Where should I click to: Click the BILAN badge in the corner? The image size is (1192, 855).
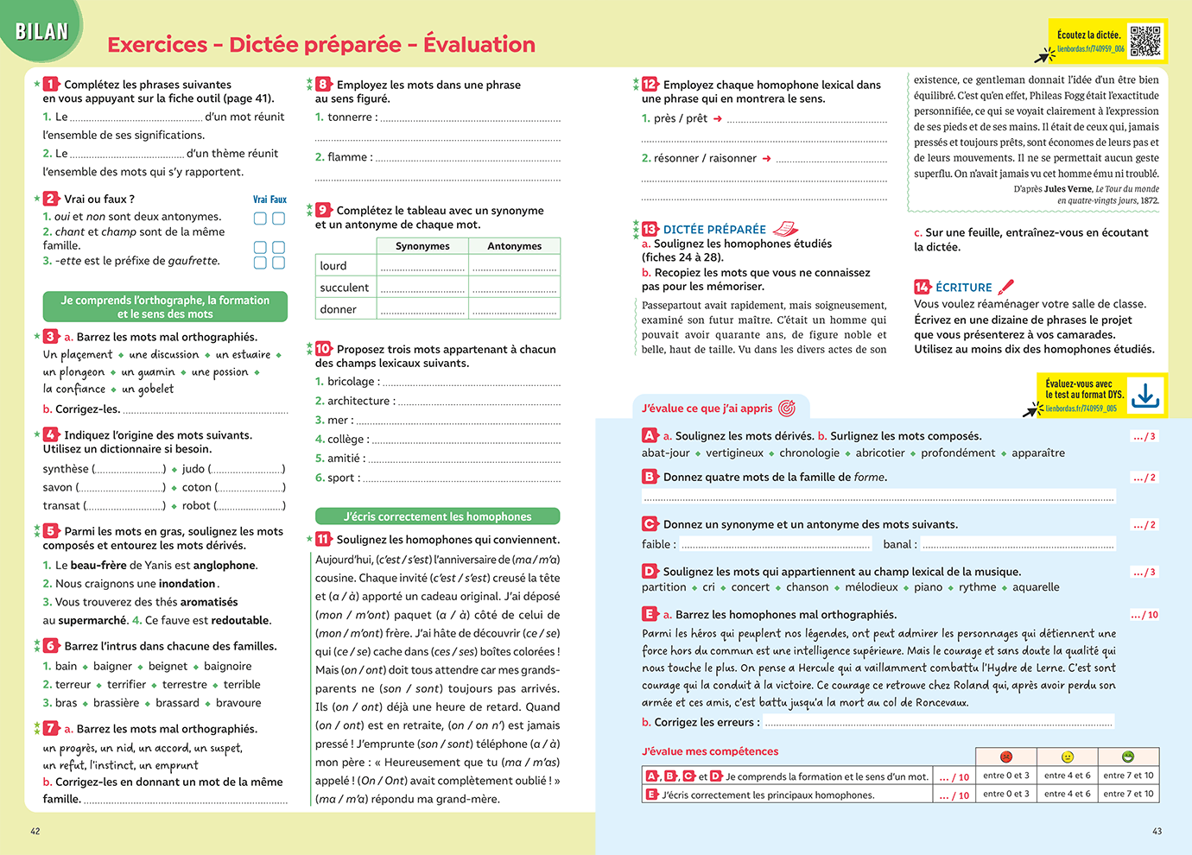[41, 31]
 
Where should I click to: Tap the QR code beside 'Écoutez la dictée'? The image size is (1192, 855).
[1145, 41]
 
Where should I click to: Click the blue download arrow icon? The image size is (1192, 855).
[1145, 396]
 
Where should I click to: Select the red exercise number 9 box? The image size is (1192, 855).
[323, 210]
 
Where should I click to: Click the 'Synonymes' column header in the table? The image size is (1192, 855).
[422, 246]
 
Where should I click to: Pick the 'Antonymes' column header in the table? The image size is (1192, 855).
[514, 246]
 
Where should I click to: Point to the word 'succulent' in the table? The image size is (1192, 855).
[344, 288]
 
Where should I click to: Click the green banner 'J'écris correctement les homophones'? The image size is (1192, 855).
[437, 516]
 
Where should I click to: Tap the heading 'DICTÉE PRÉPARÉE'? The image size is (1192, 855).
[714, 230]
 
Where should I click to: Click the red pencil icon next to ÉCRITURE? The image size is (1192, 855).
[1005, 287]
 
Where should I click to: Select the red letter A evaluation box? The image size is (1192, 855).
[650, 435]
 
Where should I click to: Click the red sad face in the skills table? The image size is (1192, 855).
[1005, 757]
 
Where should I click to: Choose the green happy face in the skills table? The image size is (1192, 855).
[1127, 757]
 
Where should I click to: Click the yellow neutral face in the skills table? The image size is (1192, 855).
[1067, 757]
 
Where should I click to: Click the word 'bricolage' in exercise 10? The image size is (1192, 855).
[351, 382]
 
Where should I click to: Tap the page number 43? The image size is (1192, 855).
[1157, 831]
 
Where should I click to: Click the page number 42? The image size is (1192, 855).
[35, 831]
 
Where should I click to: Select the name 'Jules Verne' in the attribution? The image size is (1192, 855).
[1068, 189]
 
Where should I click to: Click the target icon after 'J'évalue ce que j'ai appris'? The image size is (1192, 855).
[786, 408]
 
